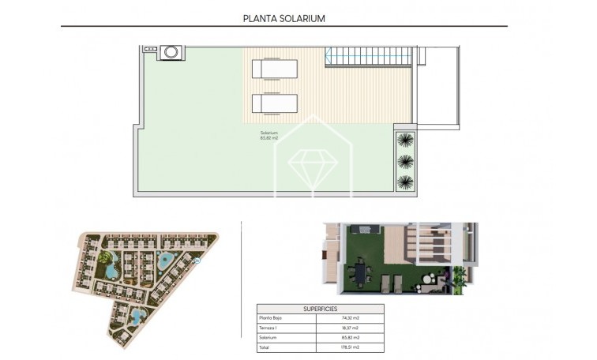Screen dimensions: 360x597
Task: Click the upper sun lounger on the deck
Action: (274, 69)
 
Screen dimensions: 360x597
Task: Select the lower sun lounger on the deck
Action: (274, 103)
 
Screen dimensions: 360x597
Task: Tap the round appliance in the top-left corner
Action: (171, 53)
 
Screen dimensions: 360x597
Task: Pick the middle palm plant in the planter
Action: (405, 161)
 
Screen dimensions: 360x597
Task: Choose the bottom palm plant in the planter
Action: (405, 182)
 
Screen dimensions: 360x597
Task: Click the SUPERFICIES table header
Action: (320, 309)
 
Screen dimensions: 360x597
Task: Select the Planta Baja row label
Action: (272, 318)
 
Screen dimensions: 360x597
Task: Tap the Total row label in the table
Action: (265, 347)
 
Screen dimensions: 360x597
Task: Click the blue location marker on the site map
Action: (197, 261)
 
